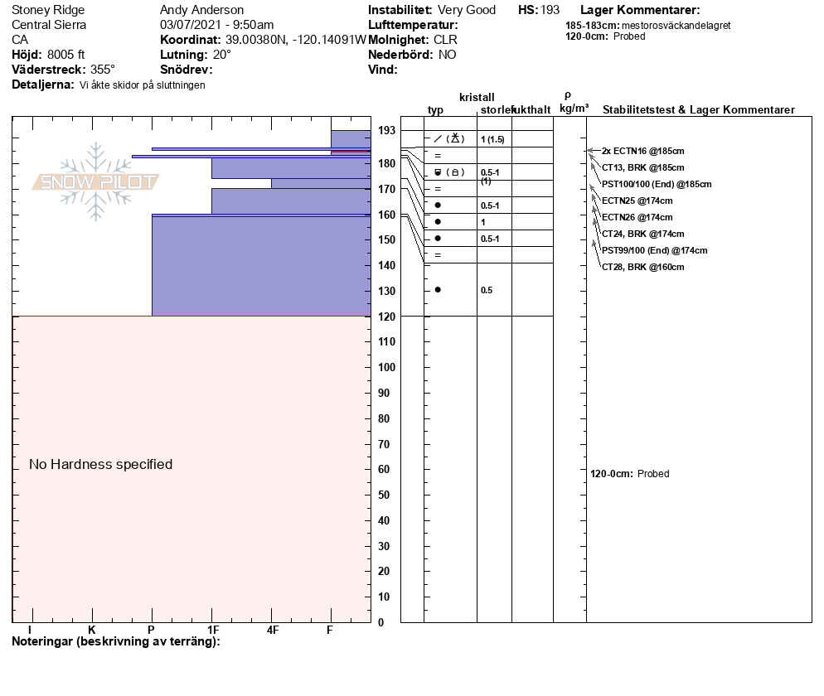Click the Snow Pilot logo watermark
(x=95, y=181)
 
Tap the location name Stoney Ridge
(x=48, y=10)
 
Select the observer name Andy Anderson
(x=201, y=10)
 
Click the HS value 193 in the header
(x=550, y=10)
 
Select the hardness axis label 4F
(x=273, y=631)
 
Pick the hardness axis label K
(x=92, y=631)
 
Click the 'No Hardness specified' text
(x=100, y=464)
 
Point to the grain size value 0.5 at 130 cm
(x=487, y=290)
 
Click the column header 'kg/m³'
(x=574, y=109)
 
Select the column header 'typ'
(x=435, y=110)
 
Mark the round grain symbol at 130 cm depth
(x=438, y=289)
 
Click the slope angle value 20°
(x=222, y=55)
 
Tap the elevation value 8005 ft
(x=66, y=55)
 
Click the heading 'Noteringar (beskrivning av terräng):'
(x=116, y=641)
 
